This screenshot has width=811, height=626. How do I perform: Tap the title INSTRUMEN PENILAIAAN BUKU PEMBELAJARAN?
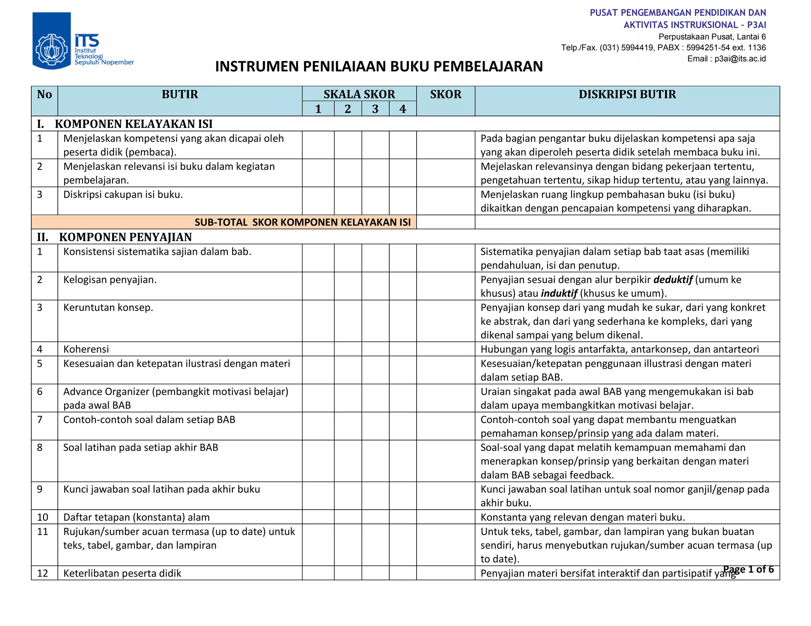[x=379, y=66]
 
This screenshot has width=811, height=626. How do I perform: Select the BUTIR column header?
[x=180, y=95]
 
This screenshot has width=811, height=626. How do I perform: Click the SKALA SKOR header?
[x=359, y=94]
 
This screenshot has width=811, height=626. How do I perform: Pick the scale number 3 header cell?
[x=375, y=109]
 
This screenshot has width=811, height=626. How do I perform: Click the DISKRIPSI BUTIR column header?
[x=627, y=95]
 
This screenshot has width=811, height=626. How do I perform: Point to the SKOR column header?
[x=445, y=95]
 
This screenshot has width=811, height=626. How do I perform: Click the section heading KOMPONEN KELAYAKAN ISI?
[x=133, y=124]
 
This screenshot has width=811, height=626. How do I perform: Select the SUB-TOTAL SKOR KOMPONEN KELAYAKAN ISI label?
[x=303, y=222]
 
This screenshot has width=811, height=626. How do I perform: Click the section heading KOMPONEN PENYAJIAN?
[x=125, y=237]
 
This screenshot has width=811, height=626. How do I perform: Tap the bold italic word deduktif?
[x=672, y=280]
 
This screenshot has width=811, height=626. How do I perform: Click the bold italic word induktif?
[x=559, y=294]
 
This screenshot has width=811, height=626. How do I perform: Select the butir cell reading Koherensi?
[x=86, y=349]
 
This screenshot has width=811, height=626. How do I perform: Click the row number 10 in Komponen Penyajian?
[x=42, y=517]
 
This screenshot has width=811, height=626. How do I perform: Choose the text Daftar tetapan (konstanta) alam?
[x=136, y=517]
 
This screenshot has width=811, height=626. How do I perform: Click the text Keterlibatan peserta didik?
[x=122, y=573]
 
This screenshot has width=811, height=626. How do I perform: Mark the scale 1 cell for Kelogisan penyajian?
[x=318, y=286]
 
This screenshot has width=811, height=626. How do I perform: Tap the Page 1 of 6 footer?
[x=748, y=569]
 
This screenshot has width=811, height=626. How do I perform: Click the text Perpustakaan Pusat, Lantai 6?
[x=712, y=37]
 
